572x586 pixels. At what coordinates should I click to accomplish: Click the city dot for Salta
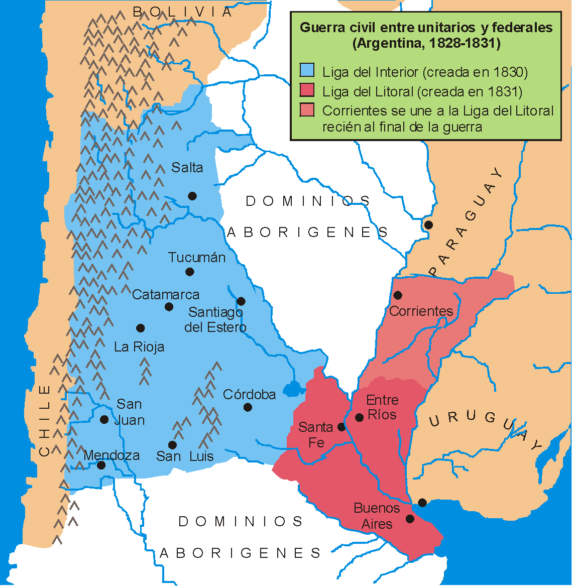coord(192,196)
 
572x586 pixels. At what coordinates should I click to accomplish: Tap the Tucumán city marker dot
coord(190,272)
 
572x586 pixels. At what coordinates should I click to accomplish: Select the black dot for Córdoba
coord(248,407)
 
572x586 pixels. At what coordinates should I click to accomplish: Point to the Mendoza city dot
coord(101,465)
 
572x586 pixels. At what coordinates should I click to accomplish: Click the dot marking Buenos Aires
coord(410,519)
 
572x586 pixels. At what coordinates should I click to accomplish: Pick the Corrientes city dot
coord(397,295)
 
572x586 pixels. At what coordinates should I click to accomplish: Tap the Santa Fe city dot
coord(341,427)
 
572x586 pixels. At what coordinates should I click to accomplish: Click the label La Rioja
coord(139,347)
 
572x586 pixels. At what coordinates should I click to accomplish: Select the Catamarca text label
coord(166,295)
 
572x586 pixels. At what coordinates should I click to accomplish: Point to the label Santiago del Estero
coord(215,320)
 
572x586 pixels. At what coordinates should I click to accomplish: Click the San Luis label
coord(185,456)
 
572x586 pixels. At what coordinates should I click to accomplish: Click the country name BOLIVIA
coord(183,12)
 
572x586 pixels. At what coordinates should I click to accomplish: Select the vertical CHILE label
coord(45,420)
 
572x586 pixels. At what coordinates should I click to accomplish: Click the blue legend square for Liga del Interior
coord(307,71)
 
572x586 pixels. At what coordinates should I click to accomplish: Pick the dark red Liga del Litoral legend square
coord(307,90)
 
